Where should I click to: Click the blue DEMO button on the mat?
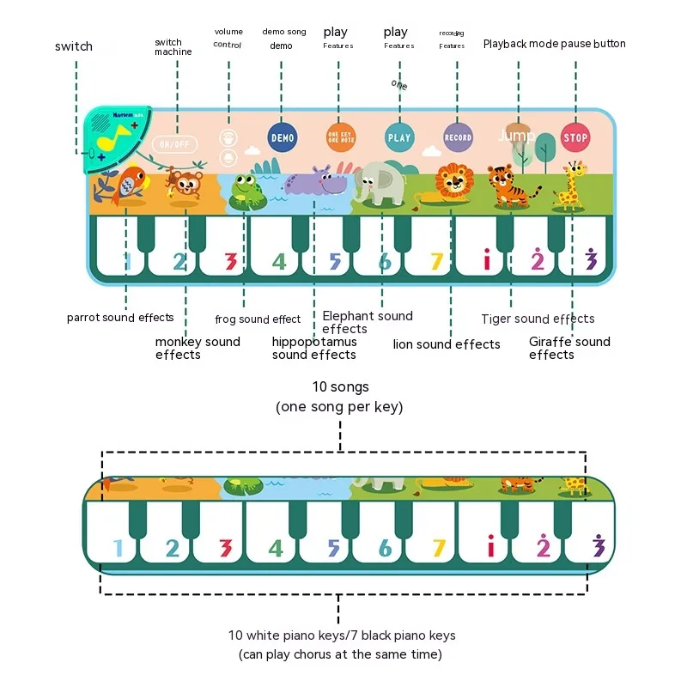(282, 137)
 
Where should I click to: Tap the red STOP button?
(575, 137)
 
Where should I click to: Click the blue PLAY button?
(399, 137)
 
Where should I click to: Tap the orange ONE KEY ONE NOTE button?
(340, 137)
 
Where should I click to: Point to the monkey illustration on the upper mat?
(183, 187)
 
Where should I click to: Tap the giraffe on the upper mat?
(571, 187)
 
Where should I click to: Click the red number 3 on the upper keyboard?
(229, 260)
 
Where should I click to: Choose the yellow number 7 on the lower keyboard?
(439, 547)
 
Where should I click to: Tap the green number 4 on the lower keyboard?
(276, 547)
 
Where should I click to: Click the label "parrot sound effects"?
(120, 318)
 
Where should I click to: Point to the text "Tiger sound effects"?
(538, 319)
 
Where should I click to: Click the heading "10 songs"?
(339, 388)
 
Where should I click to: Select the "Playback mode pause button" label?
(554, 44)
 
